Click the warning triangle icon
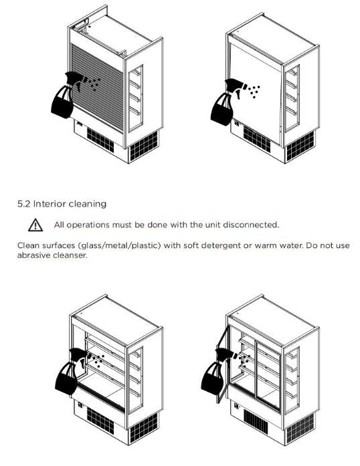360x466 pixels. click(x=35, y=225)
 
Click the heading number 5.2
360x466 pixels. click(x=24, y=204)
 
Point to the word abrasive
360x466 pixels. click(x=33, y=255)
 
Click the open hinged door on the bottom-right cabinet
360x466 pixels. click(x=223, y=364)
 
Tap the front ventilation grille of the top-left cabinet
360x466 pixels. click(x=100, y=139)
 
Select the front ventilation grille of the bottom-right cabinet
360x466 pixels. click(x=256, y=421)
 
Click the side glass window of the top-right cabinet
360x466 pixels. click(x=292, y=98)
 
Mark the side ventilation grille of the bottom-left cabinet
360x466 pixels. click(x=144, y=428)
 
